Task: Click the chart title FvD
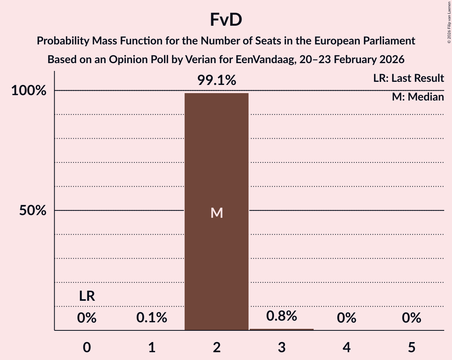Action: coord(226,20)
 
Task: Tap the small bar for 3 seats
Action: coord(281,329)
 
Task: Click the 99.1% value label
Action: coord(217,81)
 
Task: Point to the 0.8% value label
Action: coord(281,316)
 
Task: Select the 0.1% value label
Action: coord(152,318)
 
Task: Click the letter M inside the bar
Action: coord(217,213)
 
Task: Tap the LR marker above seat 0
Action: coord(87,296)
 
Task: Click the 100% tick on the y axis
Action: coord(28,91)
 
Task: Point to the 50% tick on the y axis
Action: coord(33,211)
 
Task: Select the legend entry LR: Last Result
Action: coord(408,78)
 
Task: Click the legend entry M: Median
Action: coord(418,97)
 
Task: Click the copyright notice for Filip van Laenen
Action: coord(449,22)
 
